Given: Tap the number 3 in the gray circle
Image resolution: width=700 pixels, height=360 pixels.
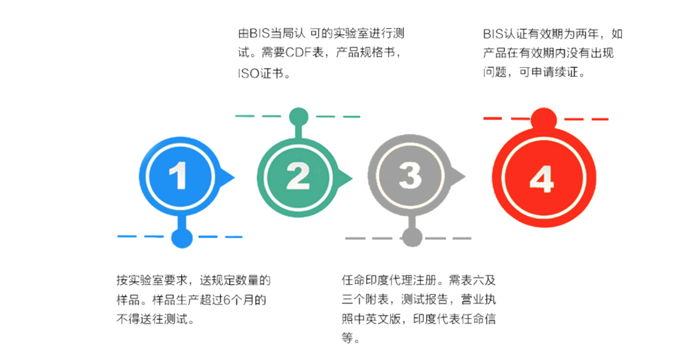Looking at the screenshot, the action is coord(410,175).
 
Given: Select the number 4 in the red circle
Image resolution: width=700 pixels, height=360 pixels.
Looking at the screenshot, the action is coord(542,179).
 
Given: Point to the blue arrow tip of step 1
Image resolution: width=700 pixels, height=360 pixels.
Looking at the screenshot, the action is coord(235,178).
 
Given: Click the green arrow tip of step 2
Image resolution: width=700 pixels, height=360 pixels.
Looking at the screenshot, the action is coord(352,179).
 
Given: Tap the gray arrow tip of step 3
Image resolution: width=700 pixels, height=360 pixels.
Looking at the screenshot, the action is coord(465,177).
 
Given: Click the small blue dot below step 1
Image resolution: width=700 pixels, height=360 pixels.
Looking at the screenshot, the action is coord(182,238).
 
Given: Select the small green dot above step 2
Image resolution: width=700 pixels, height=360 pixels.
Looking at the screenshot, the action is coord(299,118).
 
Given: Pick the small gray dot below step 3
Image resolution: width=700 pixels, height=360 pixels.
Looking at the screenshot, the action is coord(412,238).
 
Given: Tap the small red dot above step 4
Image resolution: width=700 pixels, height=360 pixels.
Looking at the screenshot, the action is coord(543,119).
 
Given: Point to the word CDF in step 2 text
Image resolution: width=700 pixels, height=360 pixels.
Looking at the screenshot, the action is coord(298,53).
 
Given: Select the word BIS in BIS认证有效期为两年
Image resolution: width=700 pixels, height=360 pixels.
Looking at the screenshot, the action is coord(493,34).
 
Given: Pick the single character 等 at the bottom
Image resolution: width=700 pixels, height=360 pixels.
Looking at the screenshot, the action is coord(348,338).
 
